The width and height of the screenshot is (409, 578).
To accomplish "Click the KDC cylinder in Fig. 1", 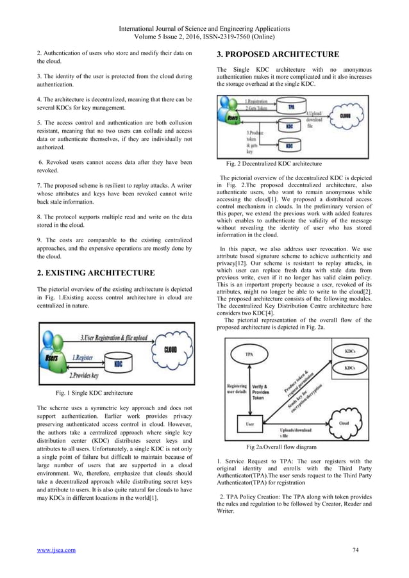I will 118,363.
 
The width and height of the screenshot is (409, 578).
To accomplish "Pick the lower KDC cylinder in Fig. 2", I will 289,146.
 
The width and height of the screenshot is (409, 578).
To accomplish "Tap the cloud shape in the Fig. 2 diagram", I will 344,116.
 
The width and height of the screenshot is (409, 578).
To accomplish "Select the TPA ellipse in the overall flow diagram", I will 246,354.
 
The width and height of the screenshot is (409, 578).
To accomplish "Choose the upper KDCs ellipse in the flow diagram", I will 351,352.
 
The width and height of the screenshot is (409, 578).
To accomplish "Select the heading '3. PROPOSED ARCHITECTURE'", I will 278,54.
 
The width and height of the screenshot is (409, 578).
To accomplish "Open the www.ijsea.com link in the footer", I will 56,550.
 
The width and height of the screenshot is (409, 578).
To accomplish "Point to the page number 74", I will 356,550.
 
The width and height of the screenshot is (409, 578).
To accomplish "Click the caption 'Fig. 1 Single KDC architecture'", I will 95,392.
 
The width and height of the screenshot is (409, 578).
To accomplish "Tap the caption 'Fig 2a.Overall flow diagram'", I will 280,447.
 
